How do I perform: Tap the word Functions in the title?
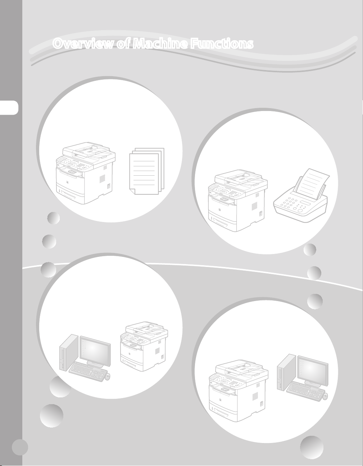(x=222, y=43)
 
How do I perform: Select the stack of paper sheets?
(x=147, y=171)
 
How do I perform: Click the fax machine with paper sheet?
(x=300, y=195)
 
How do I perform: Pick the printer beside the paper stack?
(x=85, y=173)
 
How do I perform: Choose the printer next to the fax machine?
(x=238, y=200)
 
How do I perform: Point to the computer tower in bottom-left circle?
(x=69, y=353)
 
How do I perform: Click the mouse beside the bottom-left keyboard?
(x=108, y=377)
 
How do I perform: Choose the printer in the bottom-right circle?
(x=239, y=391)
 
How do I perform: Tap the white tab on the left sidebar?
(x=9, y=107)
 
